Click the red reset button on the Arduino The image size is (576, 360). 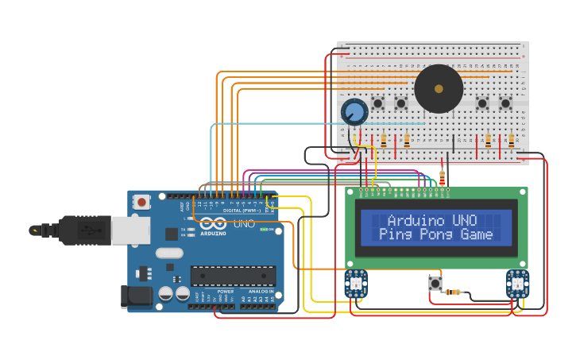point(141,202)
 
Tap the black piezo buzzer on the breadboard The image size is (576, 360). point(439,89)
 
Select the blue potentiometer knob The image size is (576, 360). point(354,112)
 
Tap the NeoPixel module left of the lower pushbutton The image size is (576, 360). point(354,283)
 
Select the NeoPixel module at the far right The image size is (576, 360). point(517,284)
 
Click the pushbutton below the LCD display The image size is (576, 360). point(435,283)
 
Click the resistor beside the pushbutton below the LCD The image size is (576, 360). point(454,292)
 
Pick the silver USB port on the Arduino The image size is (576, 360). point(130,230)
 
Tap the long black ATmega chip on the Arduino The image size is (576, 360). point(233,276)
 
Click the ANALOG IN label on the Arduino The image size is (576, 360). point(260,292)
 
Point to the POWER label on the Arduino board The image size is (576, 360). point(226,292)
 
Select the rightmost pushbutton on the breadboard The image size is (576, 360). point(505,103)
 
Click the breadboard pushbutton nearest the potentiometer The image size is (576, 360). point(378,103)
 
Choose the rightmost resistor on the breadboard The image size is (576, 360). point(511,141)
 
